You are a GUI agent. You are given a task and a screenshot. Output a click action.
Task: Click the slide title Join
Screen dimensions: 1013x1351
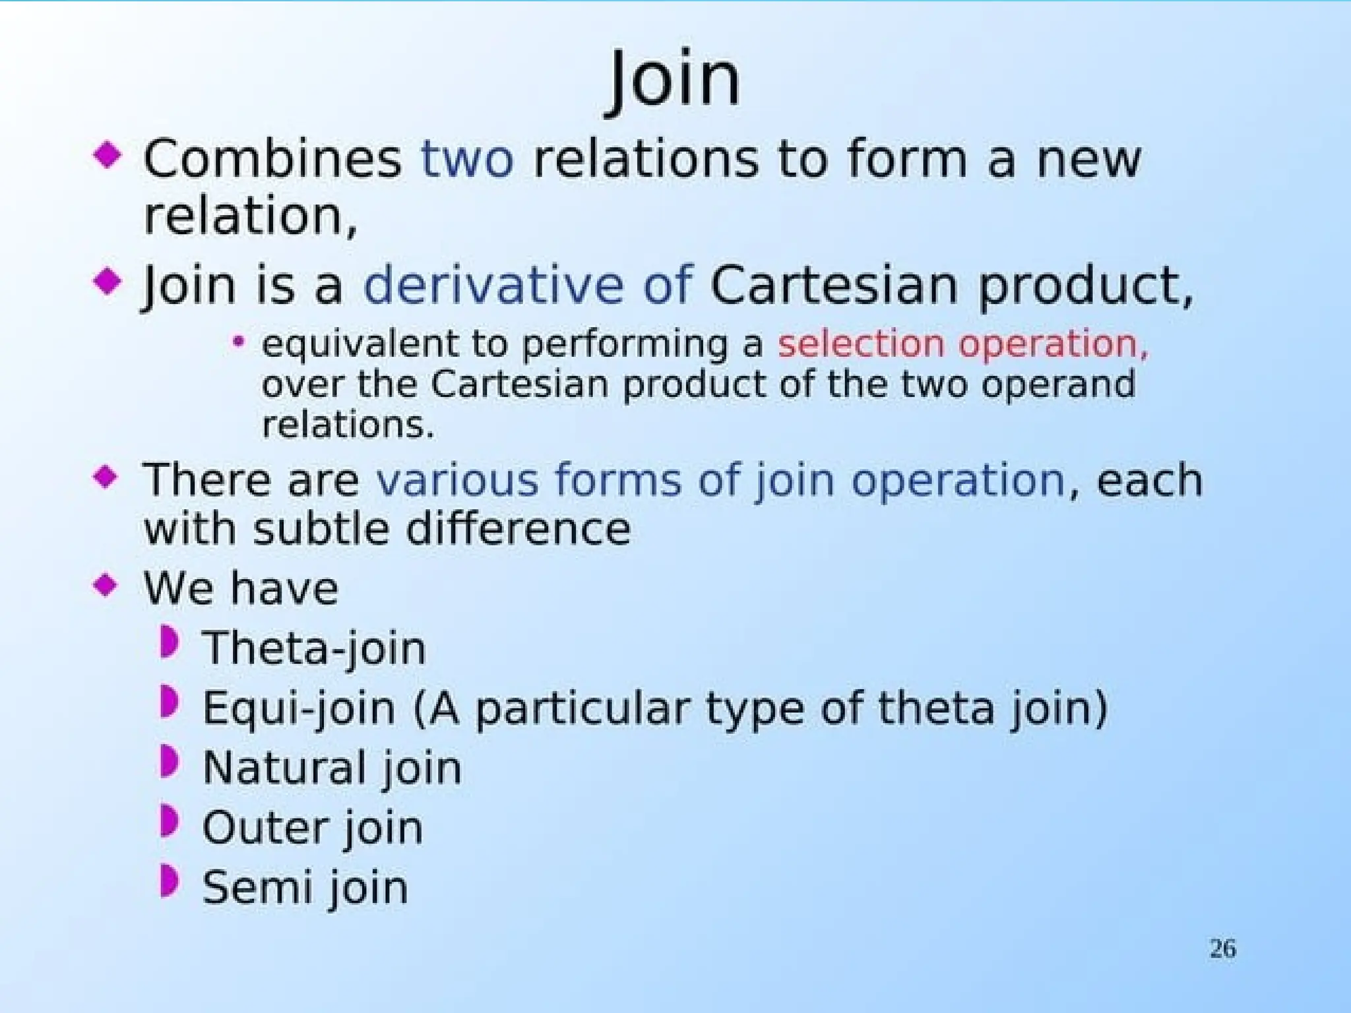pyautogui.click(x=674, y=80)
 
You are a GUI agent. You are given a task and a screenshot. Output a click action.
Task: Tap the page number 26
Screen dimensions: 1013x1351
pyautogui.click(x=1222, y=948)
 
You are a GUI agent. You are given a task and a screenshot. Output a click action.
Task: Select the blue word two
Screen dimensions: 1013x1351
pyautogui.click(x=467, y=160)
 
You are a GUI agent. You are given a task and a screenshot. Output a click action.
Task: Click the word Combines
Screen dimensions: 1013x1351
pyautogui.click(x=272, y=160)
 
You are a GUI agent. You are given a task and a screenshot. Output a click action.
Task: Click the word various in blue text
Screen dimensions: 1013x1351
pyautogui.click(x=457, y=479)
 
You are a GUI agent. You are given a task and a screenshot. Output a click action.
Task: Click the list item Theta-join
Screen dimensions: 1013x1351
pyautogui.click(x=314, y=648)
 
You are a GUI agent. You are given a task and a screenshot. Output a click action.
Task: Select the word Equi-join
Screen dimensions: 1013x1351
pyautogui.click(x=299, y=708)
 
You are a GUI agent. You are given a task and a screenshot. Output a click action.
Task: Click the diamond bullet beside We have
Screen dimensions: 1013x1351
pyautogui.click(x=106, y=584)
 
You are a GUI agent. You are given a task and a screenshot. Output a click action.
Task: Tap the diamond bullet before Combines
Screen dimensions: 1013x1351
pyautogui.click(x=108, y=156)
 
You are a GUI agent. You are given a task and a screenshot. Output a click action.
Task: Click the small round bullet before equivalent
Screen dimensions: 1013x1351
pyautogui.click(x=239, y=342)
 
